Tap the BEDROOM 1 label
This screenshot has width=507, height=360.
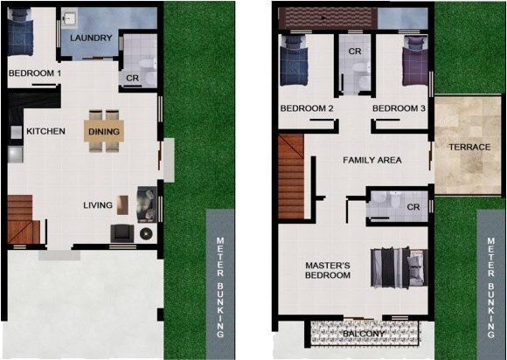[34, 73]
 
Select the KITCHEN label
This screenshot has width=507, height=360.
[45, 131]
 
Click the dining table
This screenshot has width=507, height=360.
[104, 131]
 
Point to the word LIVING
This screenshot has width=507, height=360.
[98, 205]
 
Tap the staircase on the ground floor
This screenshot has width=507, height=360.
[23, 219]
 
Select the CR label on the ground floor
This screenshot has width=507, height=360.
[133, 79]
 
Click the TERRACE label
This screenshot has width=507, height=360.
[469, 147]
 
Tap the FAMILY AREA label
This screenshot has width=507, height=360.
[372, 161]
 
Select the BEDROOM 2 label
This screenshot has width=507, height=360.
[307, 108]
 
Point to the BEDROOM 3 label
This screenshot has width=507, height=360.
[399, 108]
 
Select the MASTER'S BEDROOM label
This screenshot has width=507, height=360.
[327, 269]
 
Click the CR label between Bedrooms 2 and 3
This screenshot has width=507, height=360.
[355, 52]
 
